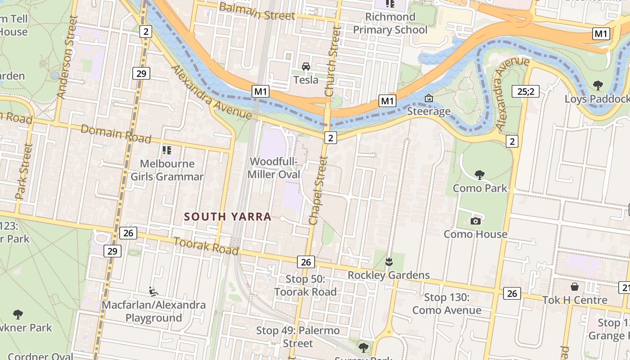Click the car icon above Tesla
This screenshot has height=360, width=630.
(306, 67)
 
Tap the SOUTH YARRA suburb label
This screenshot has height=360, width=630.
(228, 216)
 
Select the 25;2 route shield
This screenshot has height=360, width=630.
(525, 92)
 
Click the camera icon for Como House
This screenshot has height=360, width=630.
(475, 221)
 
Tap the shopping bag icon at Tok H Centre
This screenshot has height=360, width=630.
(575, 287)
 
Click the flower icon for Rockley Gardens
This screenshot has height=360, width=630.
(389, 261)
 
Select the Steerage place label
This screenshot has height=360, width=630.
(429, 111)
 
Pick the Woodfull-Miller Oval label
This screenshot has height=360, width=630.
(274, 167)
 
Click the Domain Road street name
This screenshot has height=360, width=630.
(116, 134)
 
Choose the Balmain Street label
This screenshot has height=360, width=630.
(257, 12)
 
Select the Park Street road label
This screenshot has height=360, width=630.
(24, 171)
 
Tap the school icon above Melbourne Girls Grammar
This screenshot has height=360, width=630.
(167, 150)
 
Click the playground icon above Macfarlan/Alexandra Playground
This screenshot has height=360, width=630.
(153, 292)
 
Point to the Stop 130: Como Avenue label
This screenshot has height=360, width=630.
(447, 304)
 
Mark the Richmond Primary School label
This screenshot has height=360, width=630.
(390, 23)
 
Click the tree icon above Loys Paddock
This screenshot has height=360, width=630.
(598, 85)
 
